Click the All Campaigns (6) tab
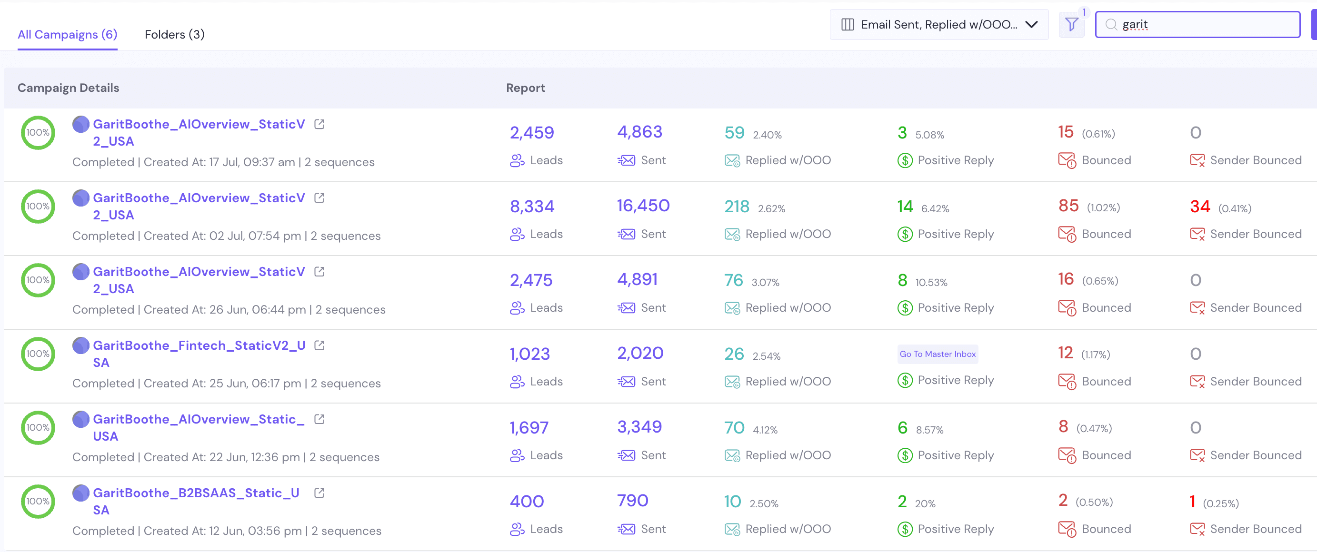tap(67, 34)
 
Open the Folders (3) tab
tap(174, 34)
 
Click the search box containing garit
tap(1201, 25)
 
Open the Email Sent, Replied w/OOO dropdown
tap(938, 25)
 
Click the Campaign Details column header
tap(68, 88)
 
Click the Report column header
tap(525, 88)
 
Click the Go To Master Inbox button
tap(937, 354)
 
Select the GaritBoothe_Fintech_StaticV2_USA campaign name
tap(199, 345)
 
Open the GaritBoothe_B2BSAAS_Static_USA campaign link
tap(196, 493)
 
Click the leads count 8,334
tap(532, 207)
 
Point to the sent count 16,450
tap(643, 206)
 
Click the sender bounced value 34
tap(1199, 207)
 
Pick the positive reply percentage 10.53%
tap(931, 282)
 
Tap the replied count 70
tap(734, 427)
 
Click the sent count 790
tap(632, 501)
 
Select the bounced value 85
tap(1068, 206)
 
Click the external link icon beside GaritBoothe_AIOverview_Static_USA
tap(319, 419)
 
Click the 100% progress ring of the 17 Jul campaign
tap(38, 133)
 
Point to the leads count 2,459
tap(532, 133)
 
